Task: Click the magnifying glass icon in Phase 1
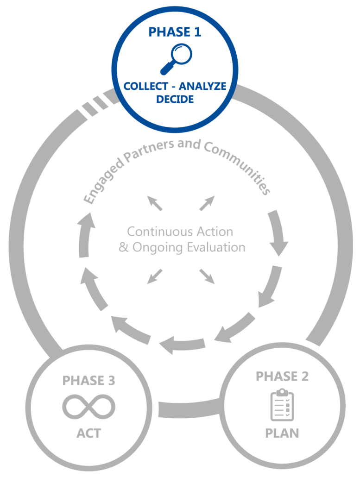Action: [x=176, y=59]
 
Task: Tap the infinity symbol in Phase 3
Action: [x=89, y=407]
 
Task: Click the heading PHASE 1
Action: [x=175, y=32]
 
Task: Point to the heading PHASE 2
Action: [x=282, y=377]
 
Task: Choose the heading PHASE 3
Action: [x=88, y=381]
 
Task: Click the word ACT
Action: [x=88, y=433]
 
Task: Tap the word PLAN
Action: [x=282, y=433]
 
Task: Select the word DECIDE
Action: [x=175, y=99]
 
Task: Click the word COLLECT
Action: [x=146, y=87]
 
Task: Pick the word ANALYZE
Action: [x=202, y=87]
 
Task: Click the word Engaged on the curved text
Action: [x=103, y=181]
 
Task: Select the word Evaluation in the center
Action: [x=216, y=247]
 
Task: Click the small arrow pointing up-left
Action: [x=155, y=203]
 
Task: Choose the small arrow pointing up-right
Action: [x=207, y=203]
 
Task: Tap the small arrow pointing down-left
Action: [x=155, y=276]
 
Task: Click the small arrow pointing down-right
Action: [x=207, y=276]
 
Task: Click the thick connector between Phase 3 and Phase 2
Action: [x=189, y=408]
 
